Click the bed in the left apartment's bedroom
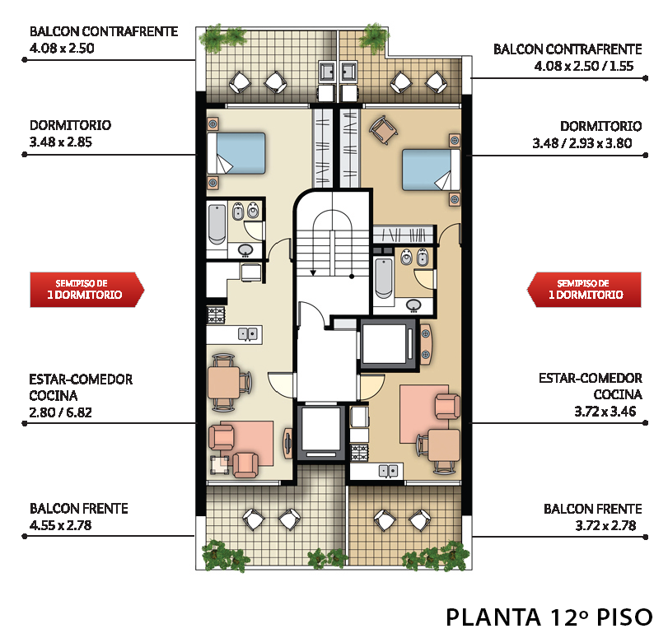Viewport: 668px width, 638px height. pyautogui.click(x=236, y=153)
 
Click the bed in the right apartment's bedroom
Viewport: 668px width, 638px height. pyautogui.click(x=431, y=170)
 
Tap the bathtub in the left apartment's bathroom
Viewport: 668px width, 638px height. pyautogui.click(x=217, y=224)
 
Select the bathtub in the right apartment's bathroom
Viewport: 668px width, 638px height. pyautogui.click(x=383, y=278)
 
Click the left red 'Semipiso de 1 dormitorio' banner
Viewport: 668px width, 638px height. pyautogui.click(x=87, y=290)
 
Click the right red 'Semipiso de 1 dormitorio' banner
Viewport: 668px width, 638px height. pyautogui.click(x=584, y=290)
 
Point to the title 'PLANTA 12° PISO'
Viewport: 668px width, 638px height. pyautogui.click(x=549, y=617)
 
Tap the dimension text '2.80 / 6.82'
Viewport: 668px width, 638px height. pyautogui.click(x=60, y=412)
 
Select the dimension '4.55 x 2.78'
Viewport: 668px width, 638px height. pyautogui.click(x=60, y=525)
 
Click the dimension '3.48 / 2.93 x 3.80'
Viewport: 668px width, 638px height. pyautogui.click(x=582, y=143)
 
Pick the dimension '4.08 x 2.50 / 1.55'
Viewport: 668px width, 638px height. pyautogui.click(x=584, y=66)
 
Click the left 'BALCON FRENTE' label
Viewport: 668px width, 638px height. pyautogui.click(x=79, y=509)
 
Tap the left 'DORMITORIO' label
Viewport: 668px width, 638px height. pyautogui.click(x=70, y=125)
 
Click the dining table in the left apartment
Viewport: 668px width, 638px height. pyautogui.click(x=224, y=383)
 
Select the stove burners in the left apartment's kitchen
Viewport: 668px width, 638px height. pyautogui.click(x=216, y=315)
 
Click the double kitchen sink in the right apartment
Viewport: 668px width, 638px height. pyautogui.click(x=389, y=471)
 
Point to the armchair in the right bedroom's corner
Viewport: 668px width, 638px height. pyautogui.click(x=383, y=130)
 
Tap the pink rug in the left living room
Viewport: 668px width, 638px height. pyautogui.click(x=252, y=443)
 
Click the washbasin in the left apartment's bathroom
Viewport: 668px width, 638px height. pyautogui.click(x=245, y=250)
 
